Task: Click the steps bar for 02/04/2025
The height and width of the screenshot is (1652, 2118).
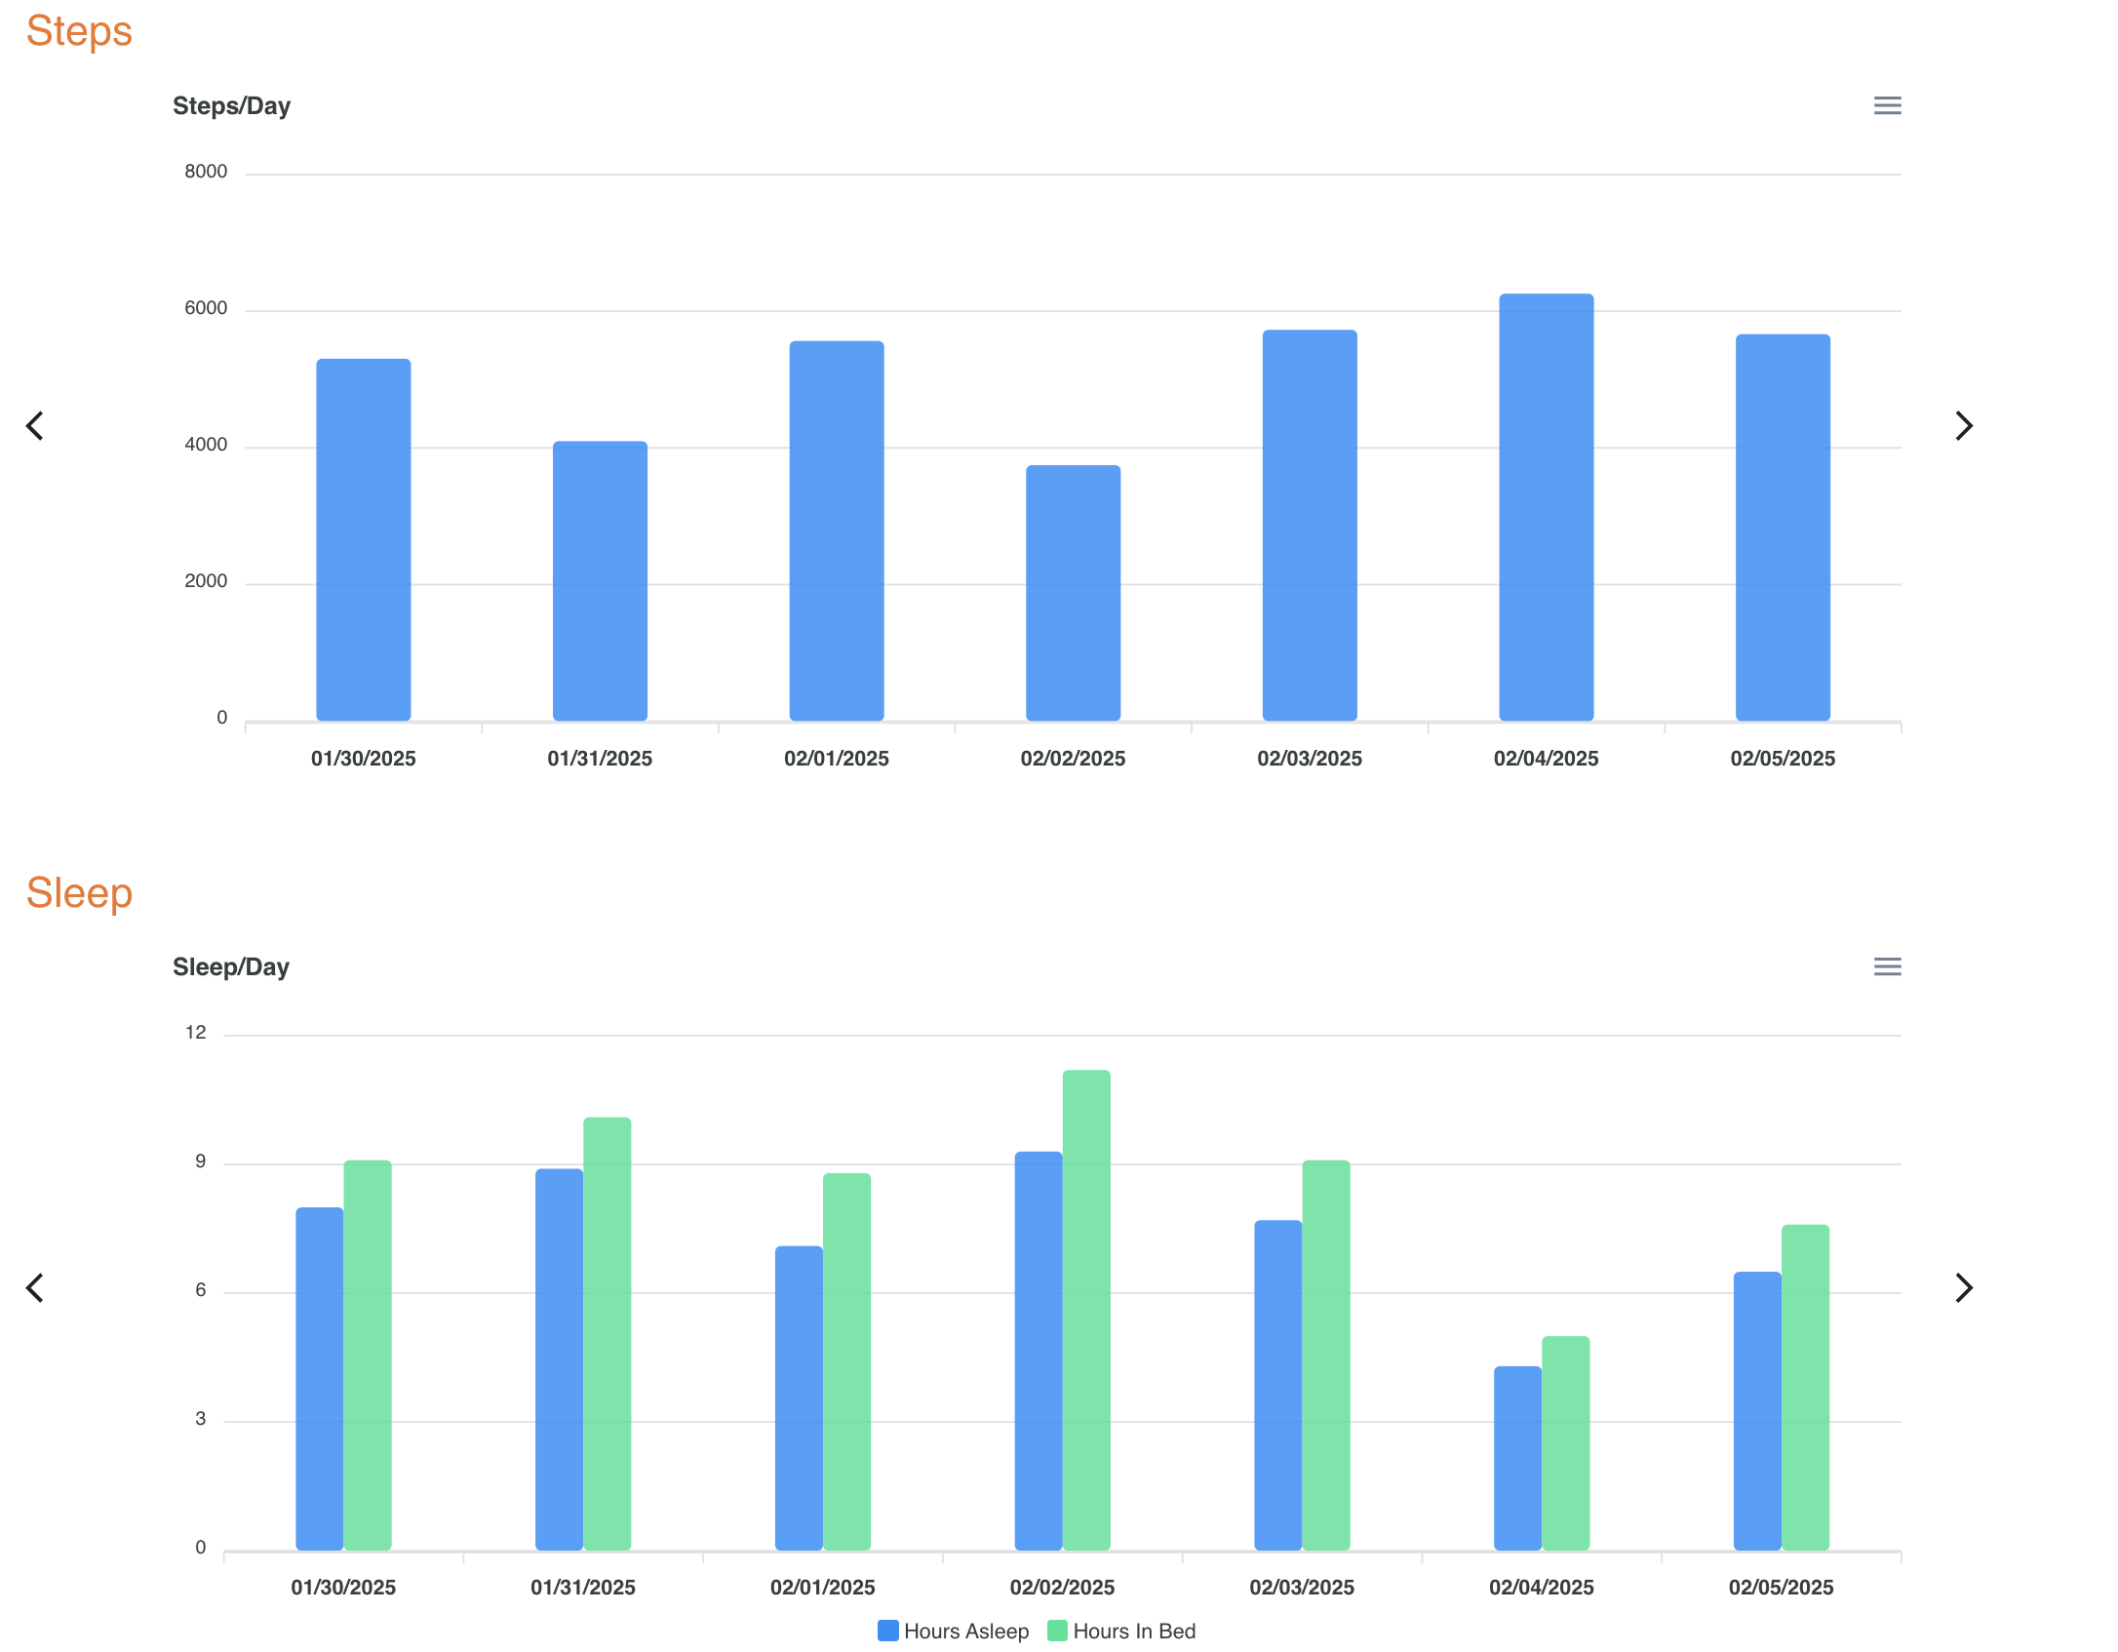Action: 1546,507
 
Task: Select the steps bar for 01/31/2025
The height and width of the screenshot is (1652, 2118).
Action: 600,581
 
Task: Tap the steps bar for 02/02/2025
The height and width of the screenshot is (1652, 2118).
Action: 1073,593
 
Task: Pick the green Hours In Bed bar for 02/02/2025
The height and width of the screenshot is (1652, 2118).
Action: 1086,1310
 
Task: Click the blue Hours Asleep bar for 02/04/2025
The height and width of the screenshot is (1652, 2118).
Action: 1517,1458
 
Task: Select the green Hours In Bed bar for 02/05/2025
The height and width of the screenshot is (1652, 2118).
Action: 1805,1387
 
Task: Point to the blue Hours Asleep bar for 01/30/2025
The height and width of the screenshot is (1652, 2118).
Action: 320,1378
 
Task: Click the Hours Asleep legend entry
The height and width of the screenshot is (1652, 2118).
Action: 954,1631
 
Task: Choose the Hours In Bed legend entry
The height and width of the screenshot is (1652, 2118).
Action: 1122,1631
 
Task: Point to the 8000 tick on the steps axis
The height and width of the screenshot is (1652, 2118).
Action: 206,172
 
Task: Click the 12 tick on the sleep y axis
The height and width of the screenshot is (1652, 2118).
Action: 196,1033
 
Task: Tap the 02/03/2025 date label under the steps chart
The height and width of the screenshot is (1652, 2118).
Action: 1309,759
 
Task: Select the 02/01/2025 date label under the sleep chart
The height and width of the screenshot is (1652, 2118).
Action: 822,1588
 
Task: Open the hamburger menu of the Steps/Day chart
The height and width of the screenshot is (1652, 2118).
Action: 1887,105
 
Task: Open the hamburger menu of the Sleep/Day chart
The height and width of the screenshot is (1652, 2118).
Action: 1887,966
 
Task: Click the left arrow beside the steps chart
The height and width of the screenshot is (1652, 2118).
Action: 35,425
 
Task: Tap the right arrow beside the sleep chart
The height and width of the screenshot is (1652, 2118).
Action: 1964,1287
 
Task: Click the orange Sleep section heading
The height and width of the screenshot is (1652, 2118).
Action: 79,893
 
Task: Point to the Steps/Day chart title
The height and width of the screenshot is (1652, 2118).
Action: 231,105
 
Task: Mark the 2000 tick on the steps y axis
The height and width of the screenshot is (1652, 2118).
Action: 206,581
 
